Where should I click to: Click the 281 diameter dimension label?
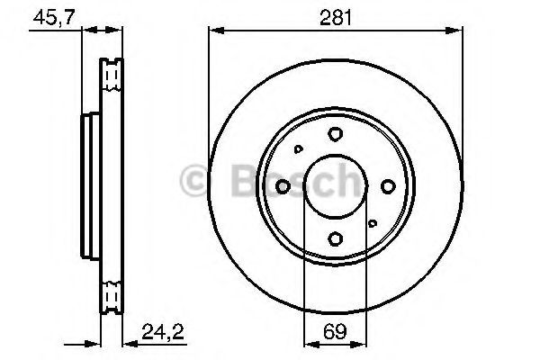tap(336, 18)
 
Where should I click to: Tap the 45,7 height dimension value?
tap(54, 17)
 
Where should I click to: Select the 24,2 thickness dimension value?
tap(163, 332)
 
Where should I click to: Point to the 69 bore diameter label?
tap(335, 332)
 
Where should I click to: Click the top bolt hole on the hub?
tap(335, 134)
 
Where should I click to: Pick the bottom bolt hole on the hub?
tap(335, 238)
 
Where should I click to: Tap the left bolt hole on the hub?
tap(283, 186)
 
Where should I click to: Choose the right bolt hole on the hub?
tap(388, 186)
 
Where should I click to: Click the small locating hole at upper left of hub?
tap(298, 149)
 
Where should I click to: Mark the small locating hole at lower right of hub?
tap(373, 223)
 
